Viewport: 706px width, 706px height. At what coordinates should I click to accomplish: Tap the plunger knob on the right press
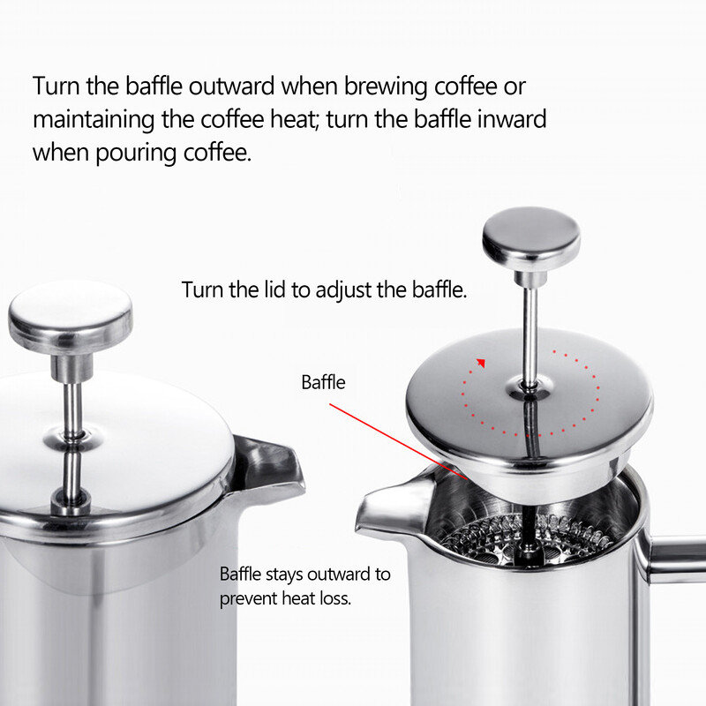click(x=531, y=237)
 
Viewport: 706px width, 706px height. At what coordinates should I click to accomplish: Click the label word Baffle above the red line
click(x=323, y=383)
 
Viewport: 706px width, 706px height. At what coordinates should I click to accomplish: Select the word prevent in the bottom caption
click(x=250, y=597)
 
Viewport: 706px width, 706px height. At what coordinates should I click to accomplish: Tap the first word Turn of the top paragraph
click(x=55, y=88)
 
